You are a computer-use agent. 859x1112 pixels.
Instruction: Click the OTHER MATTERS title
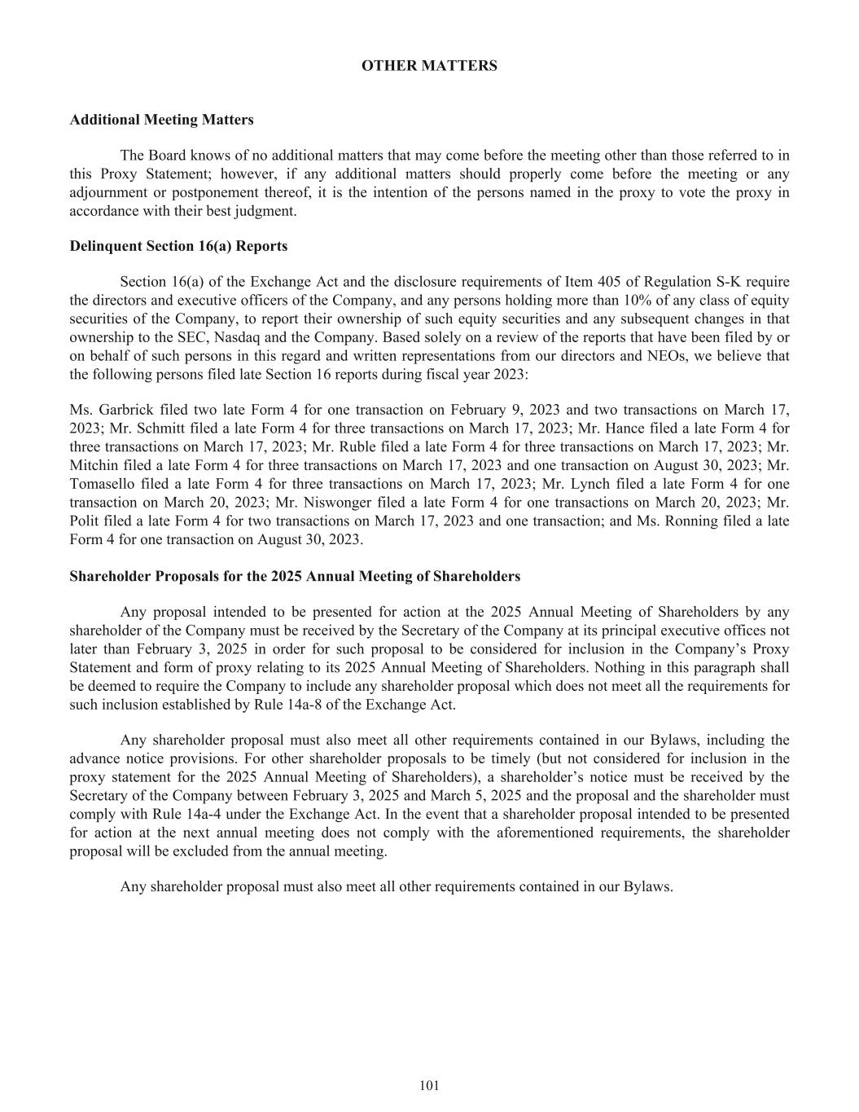(x=429, y=66)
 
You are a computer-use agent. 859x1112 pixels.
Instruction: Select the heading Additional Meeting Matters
(x=161, y=120)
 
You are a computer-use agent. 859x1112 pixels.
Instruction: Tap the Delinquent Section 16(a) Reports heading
(x=178, y=246)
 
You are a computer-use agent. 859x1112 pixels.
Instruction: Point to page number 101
(x=429, y=1085)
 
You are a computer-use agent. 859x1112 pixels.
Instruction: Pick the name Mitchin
(x=93, y=465)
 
